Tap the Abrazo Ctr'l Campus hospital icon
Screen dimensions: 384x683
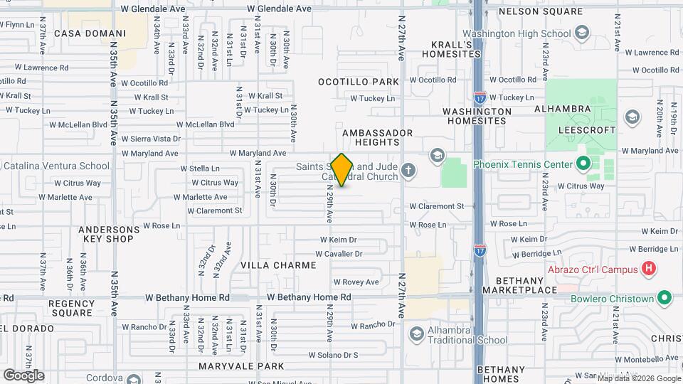click(648, 269)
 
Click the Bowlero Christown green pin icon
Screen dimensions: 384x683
click(665, 298)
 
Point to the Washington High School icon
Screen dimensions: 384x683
click(583, 33)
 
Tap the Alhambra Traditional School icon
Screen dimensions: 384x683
click(417, 334)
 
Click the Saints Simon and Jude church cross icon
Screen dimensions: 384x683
click(408, 169)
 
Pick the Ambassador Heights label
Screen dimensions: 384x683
click(378, 138)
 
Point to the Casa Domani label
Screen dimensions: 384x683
click(90, 33)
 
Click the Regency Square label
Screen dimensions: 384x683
click(71, 308)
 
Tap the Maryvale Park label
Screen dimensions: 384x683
click(241, 367)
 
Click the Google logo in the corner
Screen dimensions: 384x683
click(23, 375)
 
